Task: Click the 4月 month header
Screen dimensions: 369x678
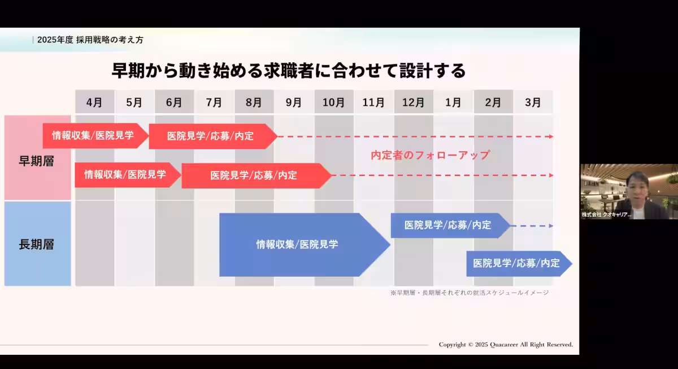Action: tap(94, 102)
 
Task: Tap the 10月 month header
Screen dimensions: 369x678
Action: tap(333, 102)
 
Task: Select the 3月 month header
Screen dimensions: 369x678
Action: tap(533, 102)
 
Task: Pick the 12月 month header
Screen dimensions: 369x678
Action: tap(413, 102)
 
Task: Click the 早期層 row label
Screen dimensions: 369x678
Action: tap(37, 161)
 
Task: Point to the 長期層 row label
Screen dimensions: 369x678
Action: tap(37, 244)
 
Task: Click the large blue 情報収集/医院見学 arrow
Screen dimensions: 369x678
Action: tap(298, 244)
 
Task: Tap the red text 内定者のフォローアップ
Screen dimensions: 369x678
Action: tap(430, 155)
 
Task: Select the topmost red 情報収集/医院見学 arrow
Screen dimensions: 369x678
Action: tap(93, 136)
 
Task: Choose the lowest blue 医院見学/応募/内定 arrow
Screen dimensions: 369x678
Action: tap(516, 263)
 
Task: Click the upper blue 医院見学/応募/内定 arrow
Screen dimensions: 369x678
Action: tap(448, 225)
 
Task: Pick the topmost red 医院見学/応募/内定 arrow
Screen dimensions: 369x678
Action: tap(211, 136)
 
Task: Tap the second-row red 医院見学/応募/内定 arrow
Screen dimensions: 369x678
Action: tap(254, 175)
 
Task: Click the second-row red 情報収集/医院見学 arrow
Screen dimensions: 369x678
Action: tap(125, 175)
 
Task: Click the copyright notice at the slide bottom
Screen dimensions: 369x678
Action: tap(506, 344)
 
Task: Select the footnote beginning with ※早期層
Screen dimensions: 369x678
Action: tap(469, 293)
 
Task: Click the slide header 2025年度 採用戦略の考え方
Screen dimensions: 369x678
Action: tap(90, 40)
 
